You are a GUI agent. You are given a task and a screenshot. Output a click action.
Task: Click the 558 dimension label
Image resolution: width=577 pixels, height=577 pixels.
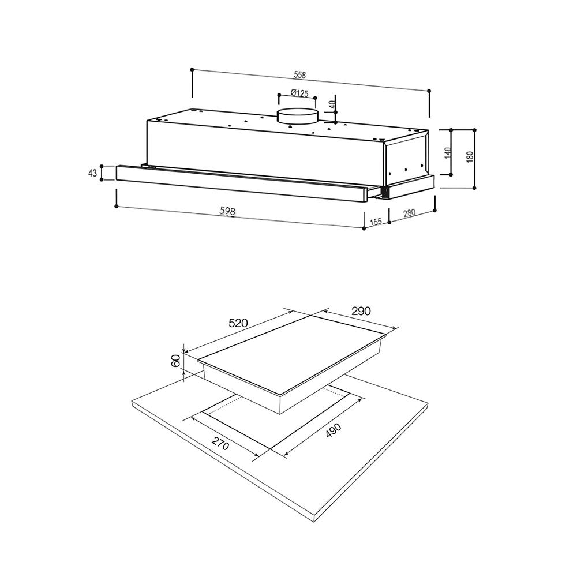pos(299,74)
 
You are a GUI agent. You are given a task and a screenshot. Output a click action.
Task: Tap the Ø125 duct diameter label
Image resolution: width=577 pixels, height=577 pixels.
pos(299,93)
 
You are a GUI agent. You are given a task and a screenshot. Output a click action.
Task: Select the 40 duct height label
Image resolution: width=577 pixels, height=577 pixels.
pos(332,104)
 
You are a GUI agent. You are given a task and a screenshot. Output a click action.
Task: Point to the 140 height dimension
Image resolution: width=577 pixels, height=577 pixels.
pos(448,153)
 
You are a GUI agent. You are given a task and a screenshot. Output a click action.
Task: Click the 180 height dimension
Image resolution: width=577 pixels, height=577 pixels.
pos(470,157)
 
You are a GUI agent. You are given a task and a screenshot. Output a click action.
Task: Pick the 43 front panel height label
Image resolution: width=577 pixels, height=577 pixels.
pos(92,173)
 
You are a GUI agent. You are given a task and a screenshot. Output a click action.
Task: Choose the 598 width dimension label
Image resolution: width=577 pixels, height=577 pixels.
pos(227,211)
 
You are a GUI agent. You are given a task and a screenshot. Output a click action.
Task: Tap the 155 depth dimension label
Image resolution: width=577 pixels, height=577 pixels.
pos(376,222)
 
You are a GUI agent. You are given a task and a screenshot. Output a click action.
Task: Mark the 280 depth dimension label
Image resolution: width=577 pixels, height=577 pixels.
pos(409,213)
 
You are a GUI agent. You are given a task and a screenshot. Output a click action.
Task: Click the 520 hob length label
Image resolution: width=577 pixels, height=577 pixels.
pos(238,323)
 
